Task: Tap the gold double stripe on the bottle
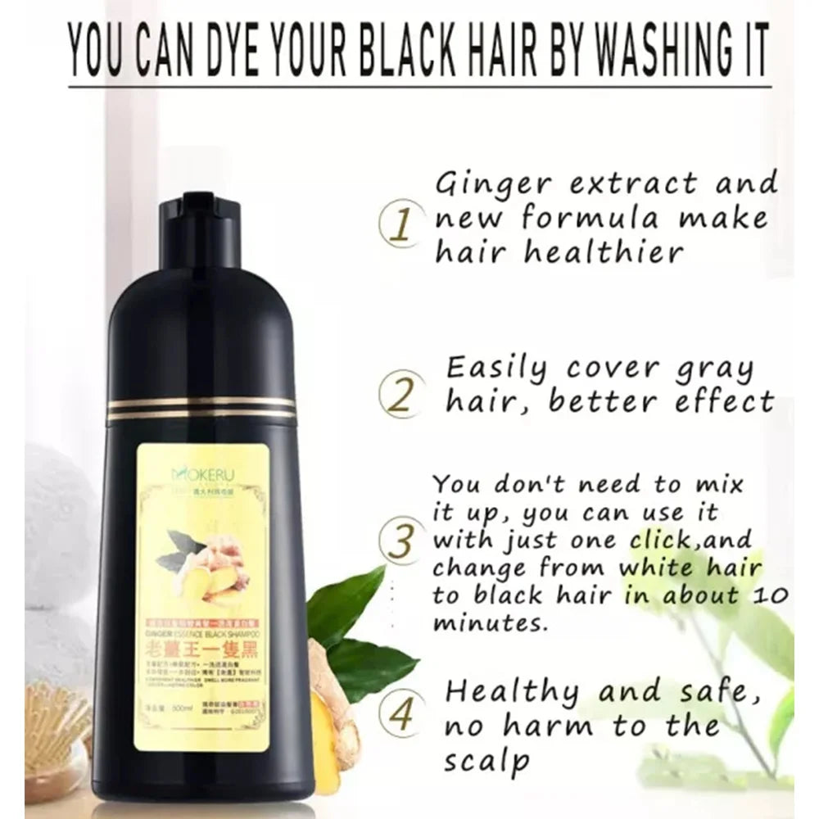pos(201,408)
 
